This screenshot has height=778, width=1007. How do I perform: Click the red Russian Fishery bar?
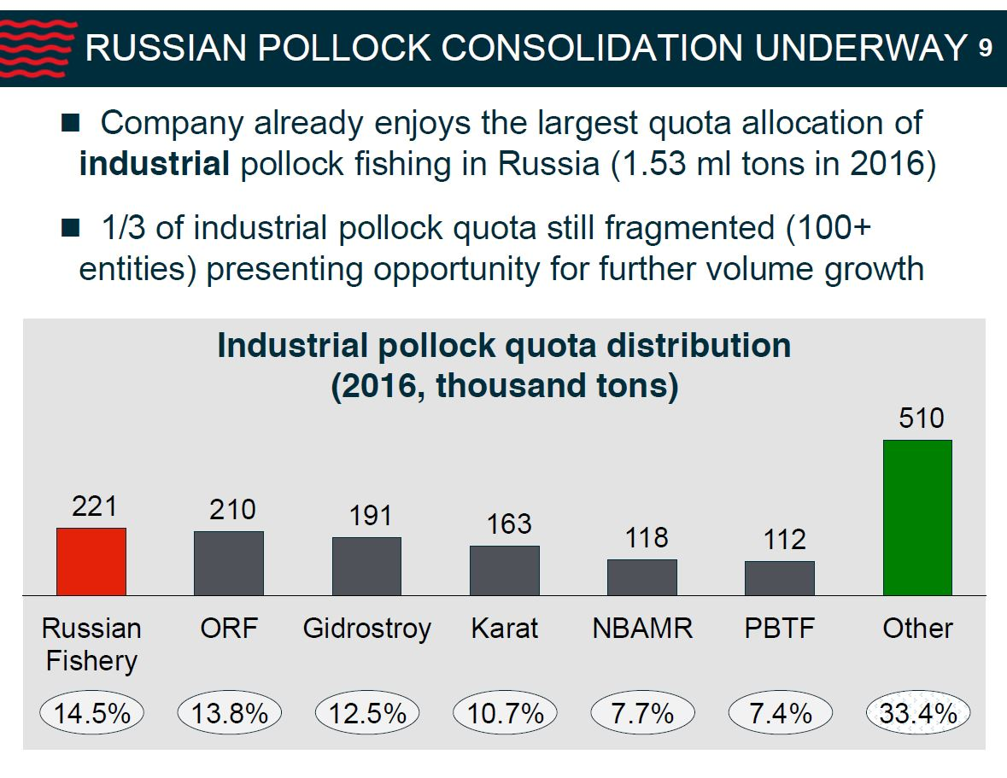pos(91,561)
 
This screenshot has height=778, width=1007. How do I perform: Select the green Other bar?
pos(917,518)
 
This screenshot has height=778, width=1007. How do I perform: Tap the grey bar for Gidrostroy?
pos(366,565)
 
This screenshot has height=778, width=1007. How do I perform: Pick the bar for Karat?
pos(505,570)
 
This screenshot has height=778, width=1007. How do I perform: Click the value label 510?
pos(921,418)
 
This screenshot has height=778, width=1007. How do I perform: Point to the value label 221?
pos(94,506)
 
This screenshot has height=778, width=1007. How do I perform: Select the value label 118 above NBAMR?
pos(646,538)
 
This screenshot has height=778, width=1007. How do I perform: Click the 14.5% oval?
pos(92,713)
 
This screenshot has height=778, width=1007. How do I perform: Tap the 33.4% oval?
pos(918,713)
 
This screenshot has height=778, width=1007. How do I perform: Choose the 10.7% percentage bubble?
pos(505,713)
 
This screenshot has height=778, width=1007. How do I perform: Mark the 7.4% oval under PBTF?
pos(780,713)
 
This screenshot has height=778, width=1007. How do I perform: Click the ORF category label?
pos(228,629)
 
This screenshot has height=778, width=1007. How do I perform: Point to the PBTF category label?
pos(780,629)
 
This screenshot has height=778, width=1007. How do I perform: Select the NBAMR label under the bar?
pos(641,629)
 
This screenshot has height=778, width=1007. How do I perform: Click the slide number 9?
pos(985,50)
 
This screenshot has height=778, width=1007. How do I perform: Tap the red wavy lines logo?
pos(34,48)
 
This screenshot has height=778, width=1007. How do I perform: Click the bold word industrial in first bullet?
pos(154,164)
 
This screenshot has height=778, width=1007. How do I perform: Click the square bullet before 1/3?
pos(70,228)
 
